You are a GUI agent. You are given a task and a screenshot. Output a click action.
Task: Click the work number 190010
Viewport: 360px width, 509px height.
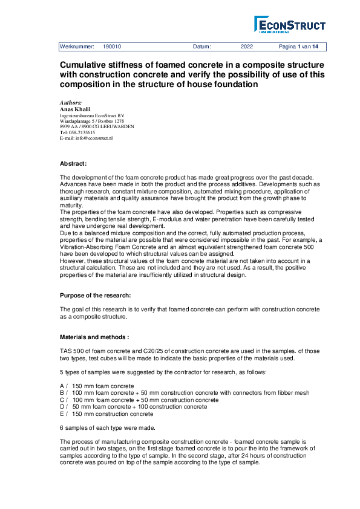pyautogui.click(x=112, y=47)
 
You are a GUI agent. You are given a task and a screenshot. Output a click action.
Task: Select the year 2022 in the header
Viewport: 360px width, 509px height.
pyautogui.click(x=247, y=47)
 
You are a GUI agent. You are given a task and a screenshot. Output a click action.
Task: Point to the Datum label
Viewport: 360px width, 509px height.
pyautogui.click(x=202, y=47)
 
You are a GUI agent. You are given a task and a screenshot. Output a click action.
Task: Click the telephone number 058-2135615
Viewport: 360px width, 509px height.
pyautogui.click(x=82, y=132)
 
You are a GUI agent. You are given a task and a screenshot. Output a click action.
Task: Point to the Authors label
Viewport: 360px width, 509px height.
pyautogui.click(x=71, y=103)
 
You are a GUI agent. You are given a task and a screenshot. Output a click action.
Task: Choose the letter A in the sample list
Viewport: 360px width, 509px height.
pyautogui.click(x=62, y=385)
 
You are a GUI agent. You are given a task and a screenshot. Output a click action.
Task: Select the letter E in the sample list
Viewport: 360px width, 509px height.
pyautogui.click(x=62, y=414)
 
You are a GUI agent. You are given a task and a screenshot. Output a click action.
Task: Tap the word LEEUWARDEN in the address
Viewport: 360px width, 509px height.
pyautogui.click(x=117, y=126)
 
